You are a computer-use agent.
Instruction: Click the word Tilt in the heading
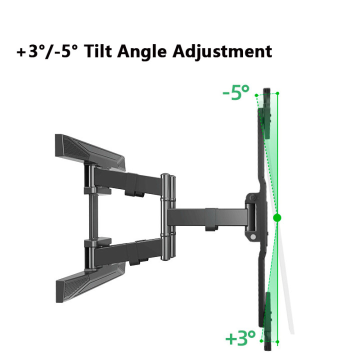pos(98,51)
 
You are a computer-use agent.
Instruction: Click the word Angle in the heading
pos(141,52)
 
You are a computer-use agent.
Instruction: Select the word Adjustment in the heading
pos(222,52)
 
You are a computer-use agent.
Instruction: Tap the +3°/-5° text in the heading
pos(47,51)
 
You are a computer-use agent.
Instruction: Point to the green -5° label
pos(236,92)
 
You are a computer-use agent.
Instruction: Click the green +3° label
pos(240,338)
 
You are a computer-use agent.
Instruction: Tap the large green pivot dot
pos(277,217)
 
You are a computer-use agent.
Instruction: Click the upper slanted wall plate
pos(90,152)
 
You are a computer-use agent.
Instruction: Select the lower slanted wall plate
pos(90,282)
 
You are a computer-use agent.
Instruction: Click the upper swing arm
pos(127,181)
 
